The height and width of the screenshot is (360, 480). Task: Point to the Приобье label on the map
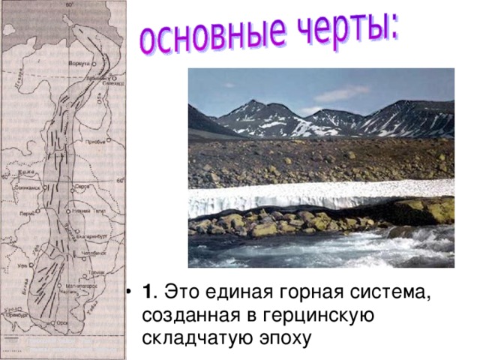(95, 141)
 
